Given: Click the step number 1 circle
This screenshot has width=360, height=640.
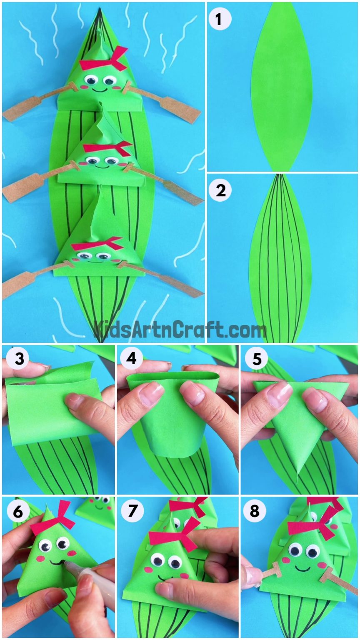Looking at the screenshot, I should point(220,20).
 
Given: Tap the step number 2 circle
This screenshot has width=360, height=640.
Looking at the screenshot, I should point(220,191).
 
